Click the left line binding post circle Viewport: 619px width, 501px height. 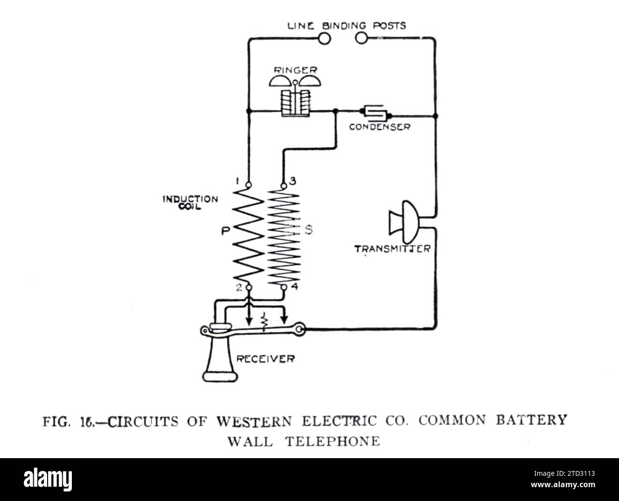point(324,38)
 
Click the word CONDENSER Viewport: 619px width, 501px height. point(379,127)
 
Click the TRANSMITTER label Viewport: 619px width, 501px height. point(392,249)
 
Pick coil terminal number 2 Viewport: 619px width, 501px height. point(248,287)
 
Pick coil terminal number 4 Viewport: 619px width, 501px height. point(284,287)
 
